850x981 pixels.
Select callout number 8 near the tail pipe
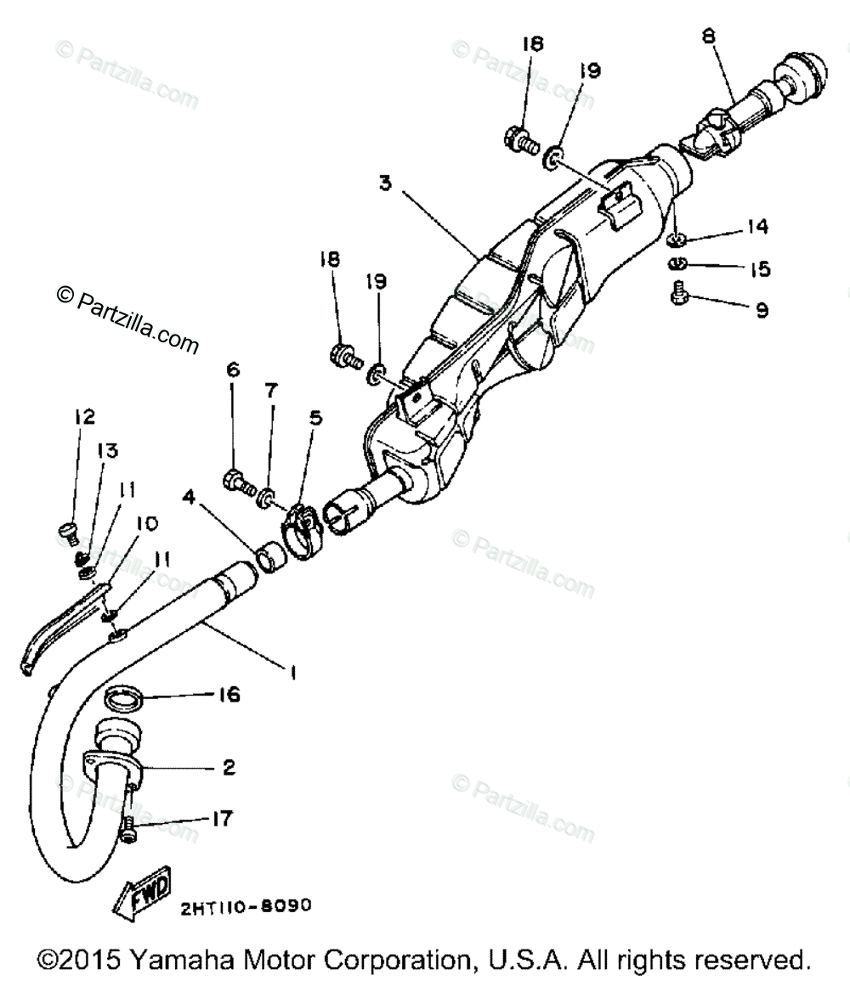[x=709, y=37]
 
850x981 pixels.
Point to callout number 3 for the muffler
[x=386, y=183]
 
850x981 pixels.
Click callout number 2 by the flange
[x=228, y=767]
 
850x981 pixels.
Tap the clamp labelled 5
[x=297, y=532]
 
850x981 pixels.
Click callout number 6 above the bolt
[x=233, y=369]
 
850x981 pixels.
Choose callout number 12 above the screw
[x=84, y=416]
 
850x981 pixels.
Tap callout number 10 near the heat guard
[x=146, y=523]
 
